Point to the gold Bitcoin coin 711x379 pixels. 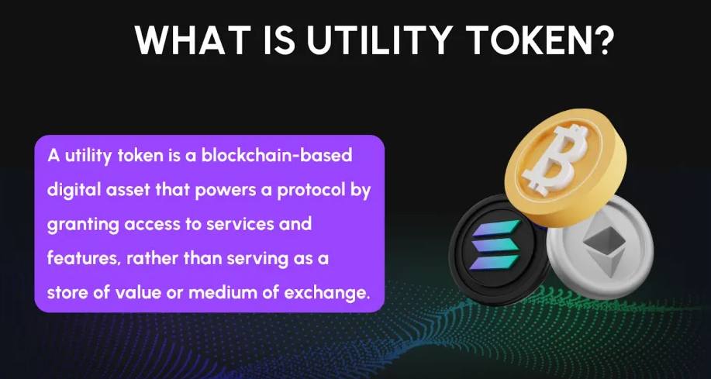coord(566,167)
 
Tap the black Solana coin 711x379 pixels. coord(495,249)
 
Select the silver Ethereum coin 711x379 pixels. coord(600,246)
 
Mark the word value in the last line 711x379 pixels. coord(138,293)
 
